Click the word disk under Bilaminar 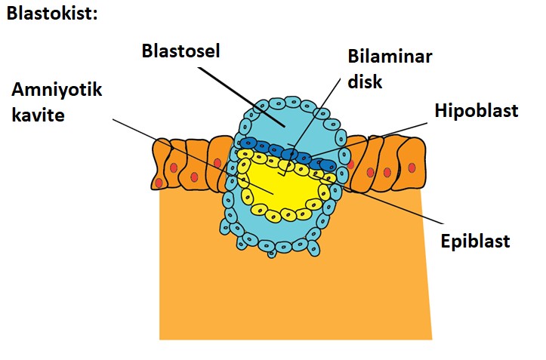pos(366,80)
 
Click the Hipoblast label pos(477,110)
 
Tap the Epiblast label pos(476,242)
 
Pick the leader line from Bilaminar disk pos(317,113)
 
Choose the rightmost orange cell pos(411,162)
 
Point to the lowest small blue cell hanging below pos(272,254)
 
